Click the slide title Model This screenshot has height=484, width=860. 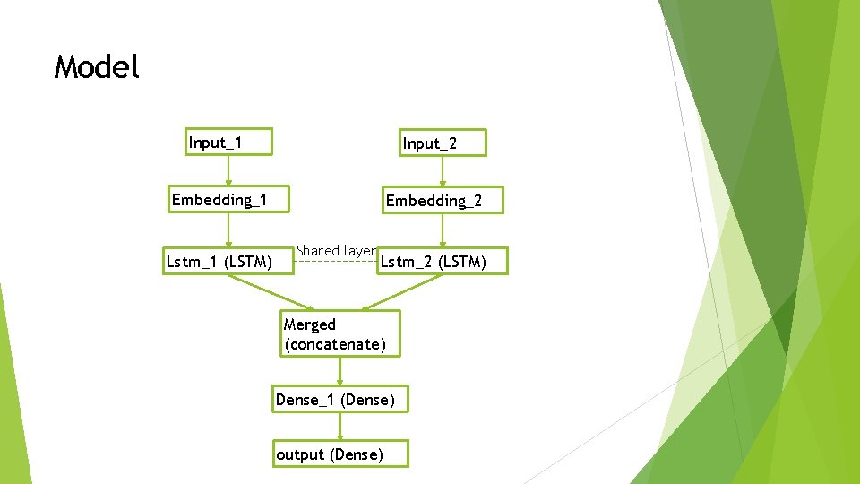point(97,67)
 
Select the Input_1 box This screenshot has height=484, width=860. point(228,143)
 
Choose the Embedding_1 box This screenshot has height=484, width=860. point(230,199)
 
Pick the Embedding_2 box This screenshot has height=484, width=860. point(443,201)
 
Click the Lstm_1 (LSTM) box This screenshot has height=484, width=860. point(228,262)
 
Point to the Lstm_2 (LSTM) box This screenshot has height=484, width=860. point(443,262)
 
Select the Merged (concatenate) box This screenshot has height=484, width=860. point(340,334)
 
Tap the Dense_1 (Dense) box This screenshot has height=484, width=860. point(340,400)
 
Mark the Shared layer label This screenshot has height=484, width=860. point(334,250)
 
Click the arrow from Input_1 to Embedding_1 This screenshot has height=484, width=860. point(228,170)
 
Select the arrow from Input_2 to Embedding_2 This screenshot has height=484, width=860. point(443,171)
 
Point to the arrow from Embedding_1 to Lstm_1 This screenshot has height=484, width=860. point(228,229)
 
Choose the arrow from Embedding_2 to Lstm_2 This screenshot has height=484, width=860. point(443,230)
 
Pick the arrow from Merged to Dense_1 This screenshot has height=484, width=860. point(340,371)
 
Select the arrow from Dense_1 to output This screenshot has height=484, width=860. point(340,427)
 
